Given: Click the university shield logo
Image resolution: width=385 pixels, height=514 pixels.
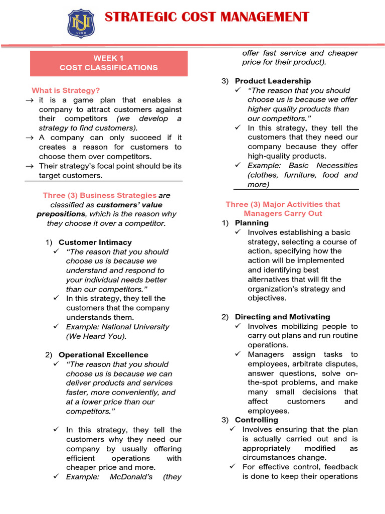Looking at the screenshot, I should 81,23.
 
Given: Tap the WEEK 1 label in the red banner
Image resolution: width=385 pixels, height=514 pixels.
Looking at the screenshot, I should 109,58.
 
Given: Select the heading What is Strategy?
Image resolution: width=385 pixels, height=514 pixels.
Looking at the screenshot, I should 66,91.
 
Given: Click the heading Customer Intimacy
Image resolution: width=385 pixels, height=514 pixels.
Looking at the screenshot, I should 95,242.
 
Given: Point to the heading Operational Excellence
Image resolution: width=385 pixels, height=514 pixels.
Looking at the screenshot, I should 103,355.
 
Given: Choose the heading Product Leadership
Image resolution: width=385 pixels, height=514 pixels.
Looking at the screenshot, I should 273,81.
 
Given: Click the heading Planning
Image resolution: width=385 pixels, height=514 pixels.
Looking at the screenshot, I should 252,223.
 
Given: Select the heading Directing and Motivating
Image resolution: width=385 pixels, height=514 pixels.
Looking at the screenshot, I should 282,317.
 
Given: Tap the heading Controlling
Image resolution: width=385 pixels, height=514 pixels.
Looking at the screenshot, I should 256,420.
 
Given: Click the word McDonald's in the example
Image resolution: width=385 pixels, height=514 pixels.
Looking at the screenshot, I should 131,477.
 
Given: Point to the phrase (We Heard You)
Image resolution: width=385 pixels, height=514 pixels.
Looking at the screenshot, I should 96,336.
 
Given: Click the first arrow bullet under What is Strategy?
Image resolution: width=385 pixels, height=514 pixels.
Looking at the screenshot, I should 29,100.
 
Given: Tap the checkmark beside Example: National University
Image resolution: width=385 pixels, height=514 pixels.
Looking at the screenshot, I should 56,327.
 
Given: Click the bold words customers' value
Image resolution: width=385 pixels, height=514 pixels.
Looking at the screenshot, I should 129,205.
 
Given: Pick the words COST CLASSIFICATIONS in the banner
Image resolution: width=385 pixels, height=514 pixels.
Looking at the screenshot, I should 109,68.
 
